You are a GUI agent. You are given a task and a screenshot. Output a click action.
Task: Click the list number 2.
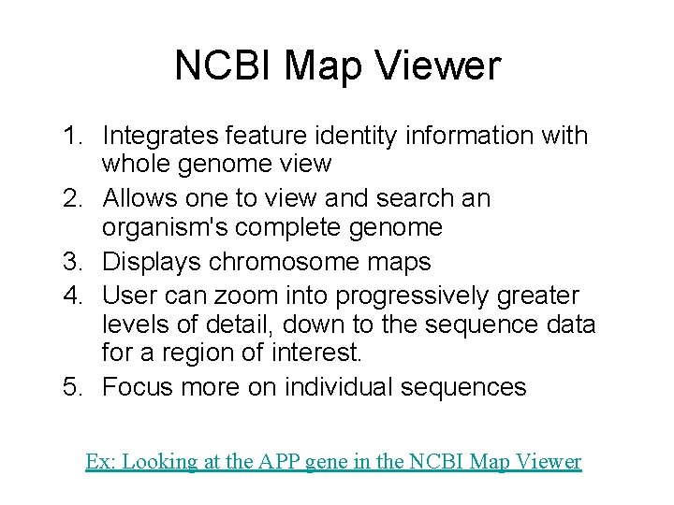click(x=72, y=199)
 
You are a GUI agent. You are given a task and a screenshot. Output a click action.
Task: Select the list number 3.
click(x=72, y=262)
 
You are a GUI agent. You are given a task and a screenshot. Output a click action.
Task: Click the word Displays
click(x=152, y=262)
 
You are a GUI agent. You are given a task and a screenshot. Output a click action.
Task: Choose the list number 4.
click(x=72, y=296)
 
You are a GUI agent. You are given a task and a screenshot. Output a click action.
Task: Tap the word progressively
click(x=420, y=296)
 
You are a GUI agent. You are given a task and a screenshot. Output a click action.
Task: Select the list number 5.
click(x=72, y=387)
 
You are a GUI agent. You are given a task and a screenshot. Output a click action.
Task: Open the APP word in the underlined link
click(x=275, y=462)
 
